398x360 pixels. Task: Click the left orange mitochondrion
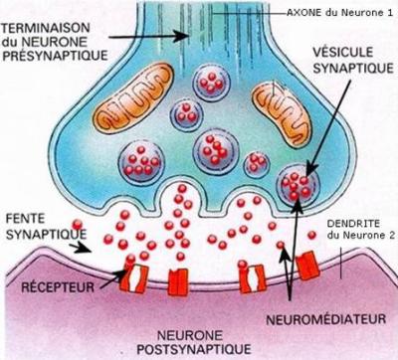[x=133, y=95]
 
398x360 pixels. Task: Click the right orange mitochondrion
[x=282, y=113]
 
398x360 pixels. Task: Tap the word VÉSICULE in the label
[x=343, y=52]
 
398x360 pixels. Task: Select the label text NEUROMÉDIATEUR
[x=326, y=319]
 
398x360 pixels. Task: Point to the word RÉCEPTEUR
[x=58, y=287]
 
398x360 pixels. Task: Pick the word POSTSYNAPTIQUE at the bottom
[x=194, y=349]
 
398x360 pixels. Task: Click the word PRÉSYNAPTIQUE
[x=55, y=55]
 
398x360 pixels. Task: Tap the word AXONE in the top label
[x=304, y=13]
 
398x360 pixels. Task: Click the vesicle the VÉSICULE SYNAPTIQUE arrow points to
[x=298, y=185]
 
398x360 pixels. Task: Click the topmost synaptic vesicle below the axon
[x=212, y=82]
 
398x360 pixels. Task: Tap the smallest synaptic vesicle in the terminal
[x=257, y=164]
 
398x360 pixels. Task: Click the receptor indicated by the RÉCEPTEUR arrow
[x=135, y=277]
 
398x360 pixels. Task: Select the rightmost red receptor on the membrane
[x=308, y=266]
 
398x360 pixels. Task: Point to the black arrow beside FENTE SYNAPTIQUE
[x=80, y=248]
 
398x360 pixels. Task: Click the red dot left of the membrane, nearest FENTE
[x=77, y=225]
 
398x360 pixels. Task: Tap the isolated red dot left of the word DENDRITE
[x=311, y=235]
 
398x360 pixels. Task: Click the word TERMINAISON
[x=46, y=28]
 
